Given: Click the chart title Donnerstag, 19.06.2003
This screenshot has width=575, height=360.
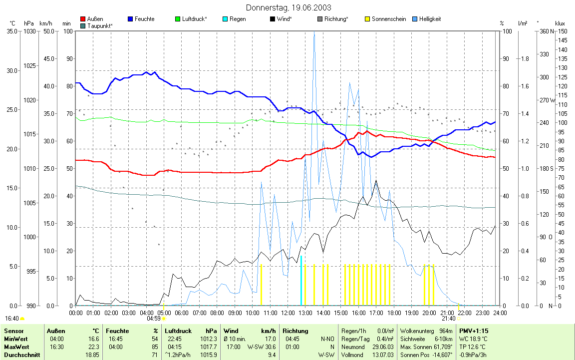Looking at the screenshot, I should coord(288,7).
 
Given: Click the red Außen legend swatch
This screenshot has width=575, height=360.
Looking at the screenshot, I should coord(82,19).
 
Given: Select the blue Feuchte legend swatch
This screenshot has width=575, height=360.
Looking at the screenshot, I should coord(130,19).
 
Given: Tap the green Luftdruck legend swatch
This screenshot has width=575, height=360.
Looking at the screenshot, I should coord(178,19).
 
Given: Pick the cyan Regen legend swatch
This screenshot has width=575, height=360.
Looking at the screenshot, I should coord(225,19).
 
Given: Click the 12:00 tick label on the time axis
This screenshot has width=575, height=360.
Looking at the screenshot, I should coord(288,313).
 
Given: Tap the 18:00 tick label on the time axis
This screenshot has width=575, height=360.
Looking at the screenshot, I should coord(394,313).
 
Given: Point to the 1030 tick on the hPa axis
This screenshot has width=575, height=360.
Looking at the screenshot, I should coord(29,31).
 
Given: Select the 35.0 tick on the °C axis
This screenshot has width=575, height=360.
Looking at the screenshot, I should coord(11,31).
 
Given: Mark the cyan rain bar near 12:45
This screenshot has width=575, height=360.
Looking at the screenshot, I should coord(301,280).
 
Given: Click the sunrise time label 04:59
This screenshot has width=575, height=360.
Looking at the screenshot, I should coord(154,318).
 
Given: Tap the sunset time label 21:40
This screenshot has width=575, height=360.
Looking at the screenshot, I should coord(448,318).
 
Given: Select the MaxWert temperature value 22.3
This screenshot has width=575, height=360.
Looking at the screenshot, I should coord(93,347).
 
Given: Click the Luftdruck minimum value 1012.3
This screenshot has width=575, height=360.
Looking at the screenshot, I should coord(209,339).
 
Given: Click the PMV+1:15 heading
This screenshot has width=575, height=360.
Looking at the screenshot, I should coord(474,331).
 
